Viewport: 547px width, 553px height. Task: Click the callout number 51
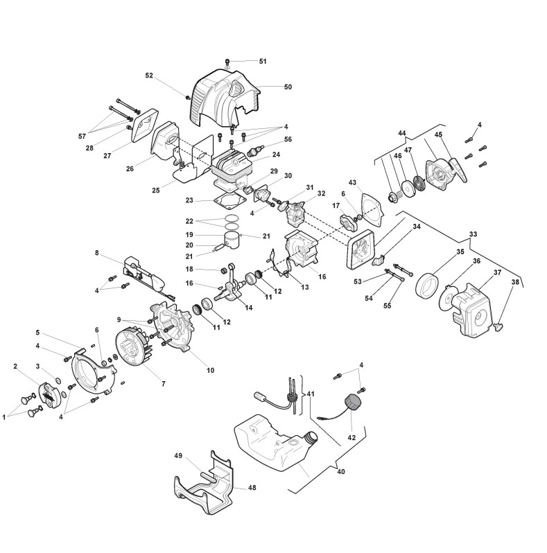263,62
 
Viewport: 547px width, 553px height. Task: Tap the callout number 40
341,471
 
